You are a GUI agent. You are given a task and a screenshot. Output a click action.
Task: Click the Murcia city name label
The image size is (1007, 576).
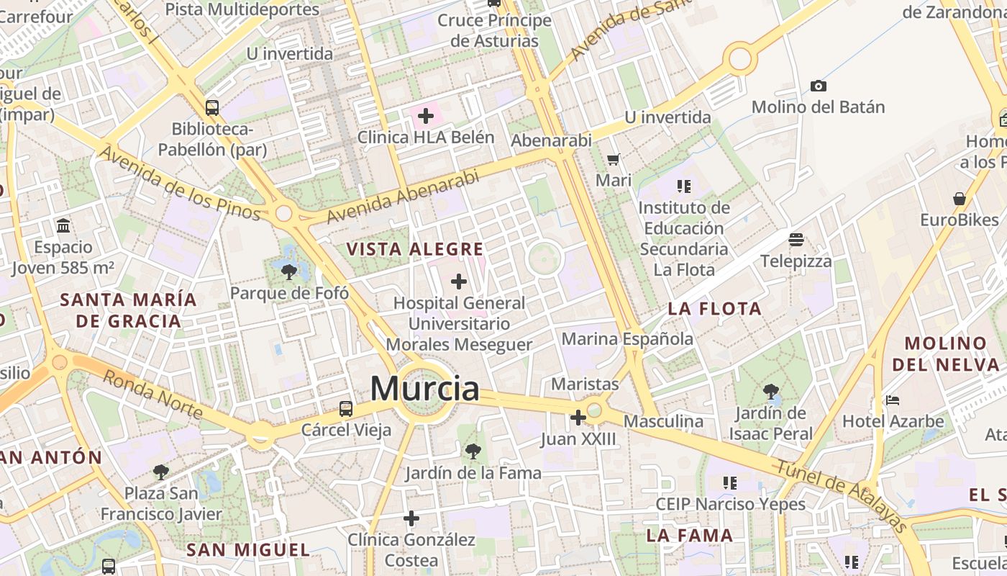pos(424,389)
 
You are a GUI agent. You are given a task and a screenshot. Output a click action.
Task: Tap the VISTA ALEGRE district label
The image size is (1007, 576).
pos(414,250)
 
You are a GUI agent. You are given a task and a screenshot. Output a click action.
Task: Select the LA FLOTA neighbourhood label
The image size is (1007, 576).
pos(714,309)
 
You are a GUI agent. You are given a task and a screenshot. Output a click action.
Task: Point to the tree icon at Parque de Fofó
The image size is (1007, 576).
pos(289,271)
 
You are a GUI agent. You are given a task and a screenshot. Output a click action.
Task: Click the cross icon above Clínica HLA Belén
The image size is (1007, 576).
pos(426,115)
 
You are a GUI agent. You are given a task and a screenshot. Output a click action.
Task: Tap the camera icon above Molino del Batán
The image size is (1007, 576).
pos(818,86)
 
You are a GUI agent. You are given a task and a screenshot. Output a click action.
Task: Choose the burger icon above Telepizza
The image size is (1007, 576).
pos(796,239)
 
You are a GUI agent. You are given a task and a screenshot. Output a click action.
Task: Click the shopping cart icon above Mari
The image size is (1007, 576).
pos(613,159)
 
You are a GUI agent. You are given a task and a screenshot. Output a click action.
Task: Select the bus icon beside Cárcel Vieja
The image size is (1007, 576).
pos(346,409)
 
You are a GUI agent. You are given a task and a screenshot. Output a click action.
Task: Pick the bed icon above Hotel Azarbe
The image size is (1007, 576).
pos(893,400)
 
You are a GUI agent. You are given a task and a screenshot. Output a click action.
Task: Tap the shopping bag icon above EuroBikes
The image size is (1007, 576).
pos(959,198)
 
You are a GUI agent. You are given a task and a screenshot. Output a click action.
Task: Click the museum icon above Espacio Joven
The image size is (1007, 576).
pos(63,225)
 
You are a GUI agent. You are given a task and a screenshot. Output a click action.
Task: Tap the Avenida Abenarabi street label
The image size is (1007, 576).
pos(402,197)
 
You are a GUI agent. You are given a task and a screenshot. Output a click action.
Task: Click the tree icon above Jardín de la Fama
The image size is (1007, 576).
pos(473,451)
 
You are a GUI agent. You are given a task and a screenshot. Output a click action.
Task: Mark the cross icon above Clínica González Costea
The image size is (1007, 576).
pos(411,518)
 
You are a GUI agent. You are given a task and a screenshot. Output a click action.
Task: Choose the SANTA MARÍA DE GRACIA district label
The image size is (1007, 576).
pos(128,310)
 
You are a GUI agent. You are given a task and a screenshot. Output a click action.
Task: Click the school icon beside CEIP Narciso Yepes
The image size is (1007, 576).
pos(730,482)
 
